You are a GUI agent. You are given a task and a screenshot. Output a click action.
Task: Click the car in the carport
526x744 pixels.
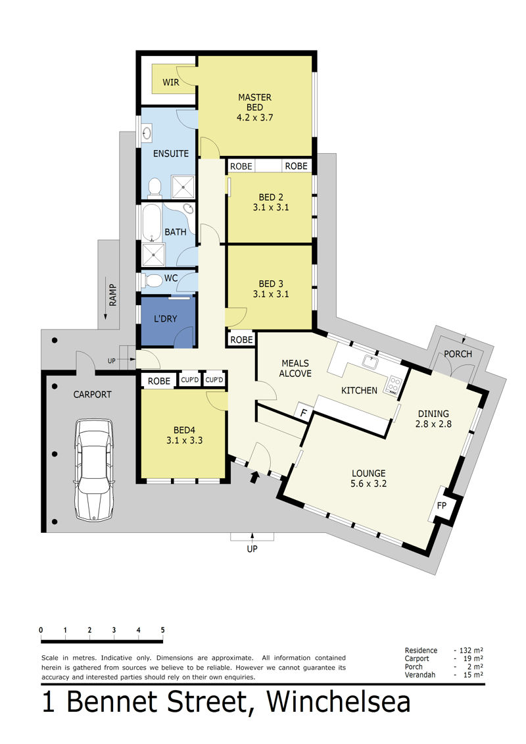click(x=93, y=469)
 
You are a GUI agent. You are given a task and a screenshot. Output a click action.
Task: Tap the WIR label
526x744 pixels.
click(x=171, y=82)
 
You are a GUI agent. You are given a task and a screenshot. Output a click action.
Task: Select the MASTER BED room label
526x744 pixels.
click(x=254, y=103)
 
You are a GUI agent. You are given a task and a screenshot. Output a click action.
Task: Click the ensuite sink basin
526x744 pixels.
click(x=147, y=133)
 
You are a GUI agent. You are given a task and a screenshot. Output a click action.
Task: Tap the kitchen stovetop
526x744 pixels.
click(x=394, y=385)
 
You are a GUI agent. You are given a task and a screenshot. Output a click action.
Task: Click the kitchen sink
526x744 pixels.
click(x=371, y=362)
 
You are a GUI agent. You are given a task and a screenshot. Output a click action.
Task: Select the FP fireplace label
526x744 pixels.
click(x=442, y=505)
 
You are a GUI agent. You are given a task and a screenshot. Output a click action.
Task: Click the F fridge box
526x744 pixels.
click(x=304, y=413)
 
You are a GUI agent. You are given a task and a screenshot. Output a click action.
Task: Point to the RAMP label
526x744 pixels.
click(x=112, y=295)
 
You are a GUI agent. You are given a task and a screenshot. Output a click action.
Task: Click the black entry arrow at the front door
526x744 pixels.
click(x=254, y=477)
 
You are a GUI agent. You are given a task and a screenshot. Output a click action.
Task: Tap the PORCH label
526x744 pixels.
click(x=458, y=354)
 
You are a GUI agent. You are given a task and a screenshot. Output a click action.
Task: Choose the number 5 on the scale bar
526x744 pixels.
click(x=162, y=630)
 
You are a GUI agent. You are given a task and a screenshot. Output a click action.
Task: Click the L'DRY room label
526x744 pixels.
click(x=165, y=319)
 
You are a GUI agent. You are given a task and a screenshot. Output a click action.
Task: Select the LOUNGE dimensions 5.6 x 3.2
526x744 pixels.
click(x=369, y=484)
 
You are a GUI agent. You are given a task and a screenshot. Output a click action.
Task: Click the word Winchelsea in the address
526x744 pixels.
click(x=339, y=702)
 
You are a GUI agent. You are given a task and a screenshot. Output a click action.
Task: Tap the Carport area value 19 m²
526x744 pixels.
click(x=471, y=658)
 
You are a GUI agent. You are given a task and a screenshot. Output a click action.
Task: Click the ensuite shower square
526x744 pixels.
click(x=183, y=187)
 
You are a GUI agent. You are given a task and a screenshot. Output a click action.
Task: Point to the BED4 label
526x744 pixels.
click(x=185, y=430)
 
